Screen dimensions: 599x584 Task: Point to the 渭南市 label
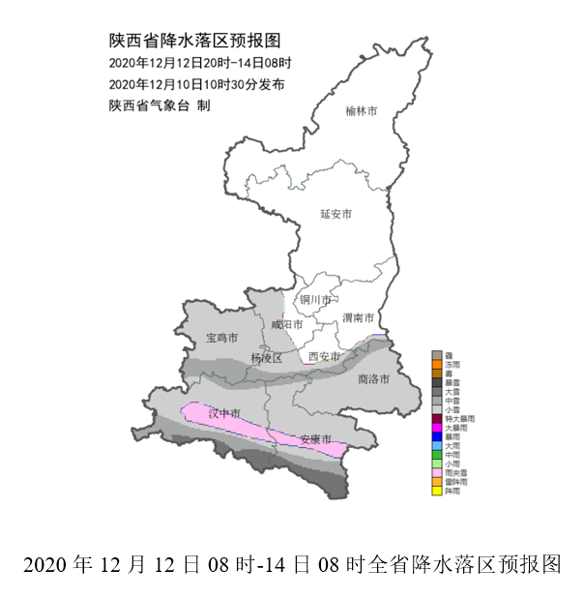pyautogui.click(x=358, y=316)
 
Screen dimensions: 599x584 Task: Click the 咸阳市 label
pyautogui.click(x=287, y=324)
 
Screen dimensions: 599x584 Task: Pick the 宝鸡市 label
pyautogui.click(x=221, y=338)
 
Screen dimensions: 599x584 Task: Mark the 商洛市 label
pyautogui.click(x=372, y=378)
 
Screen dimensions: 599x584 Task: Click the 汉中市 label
pyautogui.click(x=223, y=413)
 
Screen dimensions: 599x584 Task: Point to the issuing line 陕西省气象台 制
pyautogui.click(x=159, y=105)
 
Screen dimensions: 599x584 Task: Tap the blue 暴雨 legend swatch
pyautogui.click(x=437, y=436)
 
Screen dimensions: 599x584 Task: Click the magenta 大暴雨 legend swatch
pyautogui.click(x=437, y=427)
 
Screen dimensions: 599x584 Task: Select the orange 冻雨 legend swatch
pyautogui.click(x=437, y=364)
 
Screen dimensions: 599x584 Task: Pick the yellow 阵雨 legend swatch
pyautogui.click(x=437, y=491)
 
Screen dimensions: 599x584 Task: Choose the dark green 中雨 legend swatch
pyautogui.click(x=437, y=454)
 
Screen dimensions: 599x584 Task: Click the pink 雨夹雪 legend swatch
pyautogui.click(x=437, y=472)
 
